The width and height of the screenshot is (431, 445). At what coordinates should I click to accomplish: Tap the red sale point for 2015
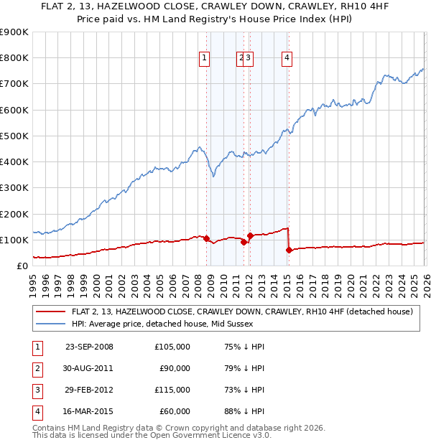289,250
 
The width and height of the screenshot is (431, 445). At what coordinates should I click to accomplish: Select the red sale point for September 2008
206,238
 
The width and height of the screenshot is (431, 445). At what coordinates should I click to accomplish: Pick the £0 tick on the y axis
21,266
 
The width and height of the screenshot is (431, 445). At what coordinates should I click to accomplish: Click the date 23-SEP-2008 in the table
89,347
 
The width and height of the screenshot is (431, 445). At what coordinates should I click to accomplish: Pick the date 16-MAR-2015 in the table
89,411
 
